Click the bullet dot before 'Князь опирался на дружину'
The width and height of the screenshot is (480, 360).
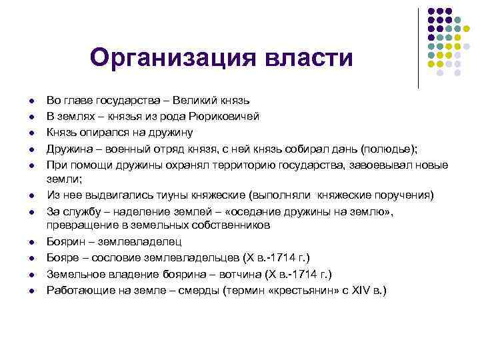(x=31, y=133)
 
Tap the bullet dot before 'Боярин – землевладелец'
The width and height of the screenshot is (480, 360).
(x=31, y=242)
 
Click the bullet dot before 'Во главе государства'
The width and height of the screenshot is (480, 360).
(x=31, y=101)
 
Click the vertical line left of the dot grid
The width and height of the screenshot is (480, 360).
(x=418, y=48)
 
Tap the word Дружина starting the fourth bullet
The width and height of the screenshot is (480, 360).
(x=68, y=149)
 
